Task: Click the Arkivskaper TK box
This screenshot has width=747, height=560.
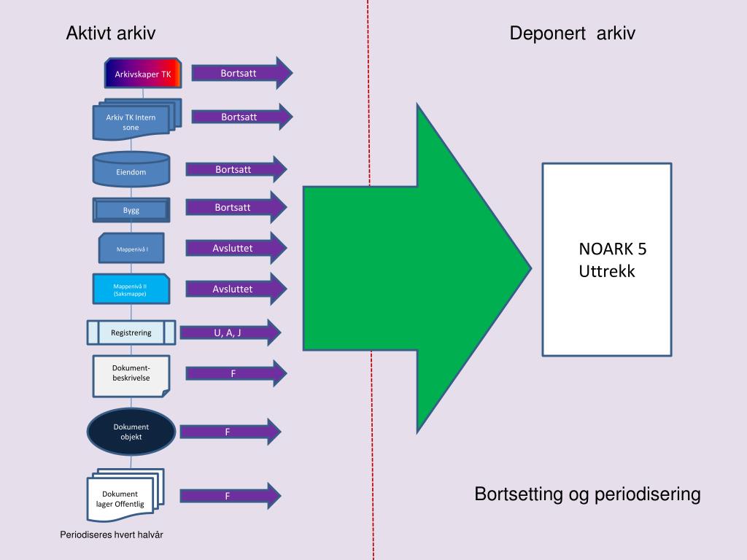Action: click(x=142, y=74)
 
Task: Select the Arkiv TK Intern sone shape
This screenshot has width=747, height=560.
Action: click(x=131, y=122)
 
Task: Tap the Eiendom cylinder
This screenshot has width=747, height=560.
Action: click(x=131, y=170)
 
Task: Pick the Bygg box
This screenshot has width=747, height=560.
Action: click(x=131, y=210)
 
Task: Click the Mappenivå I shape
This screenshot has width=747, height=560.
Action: click(x=132, y=249)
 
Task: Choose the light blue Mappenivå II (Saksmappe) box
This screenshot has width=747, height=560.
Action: click(x=131, y=289)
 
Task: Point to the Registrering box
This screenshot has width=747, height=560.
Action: click(x=131, y=332)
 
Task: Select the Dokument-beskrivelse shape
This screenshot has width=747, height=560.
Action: click(x=131, y=375)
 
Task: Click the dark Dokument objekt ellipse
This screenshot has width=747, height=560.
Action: click(x=131, y=432)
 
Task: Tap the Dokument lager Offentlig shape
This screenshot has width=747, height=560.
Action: click(x=123, y=497)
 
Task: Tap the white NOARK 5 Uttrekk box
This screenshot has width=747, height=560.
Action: click(x=606, y=260)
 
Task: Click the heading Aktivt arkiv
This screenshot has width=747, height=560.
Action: click(x=111, y=34)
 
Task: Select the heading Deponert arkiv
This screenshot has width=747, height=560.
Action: click(x=573, y=34)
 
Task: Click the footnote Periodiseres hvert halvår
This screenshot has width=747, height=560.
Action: click(x=112, y=535)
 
